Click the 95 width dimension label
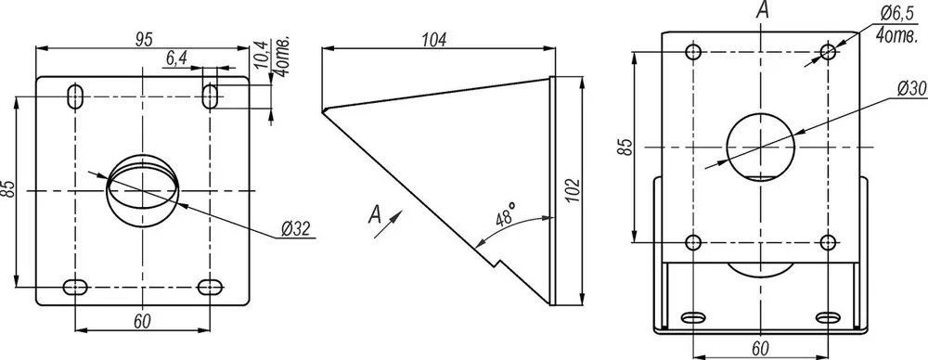[x=144, y=39]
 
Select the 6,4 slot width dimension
[x=177, y=58]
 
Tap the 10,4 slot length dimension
[x=262, y=53]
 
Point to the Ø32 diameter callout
[x=295, y=228]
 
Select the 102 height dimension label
[x=571, y=190]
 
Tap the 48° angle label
[x=505, y=215]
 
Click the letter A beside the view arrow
[x=375, y=213]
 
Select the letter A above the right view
[x=764, y=10]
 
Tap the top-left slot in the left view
[x=75, y=96]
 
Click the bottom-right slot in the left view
[x=210, y=288]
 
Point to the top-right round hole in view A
[x=829, y=52]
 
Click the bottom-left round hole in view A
[x=693, y=242]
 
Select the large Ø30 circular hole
[x=761, y=147]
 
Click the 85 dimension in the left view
[x=8, y=189]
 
